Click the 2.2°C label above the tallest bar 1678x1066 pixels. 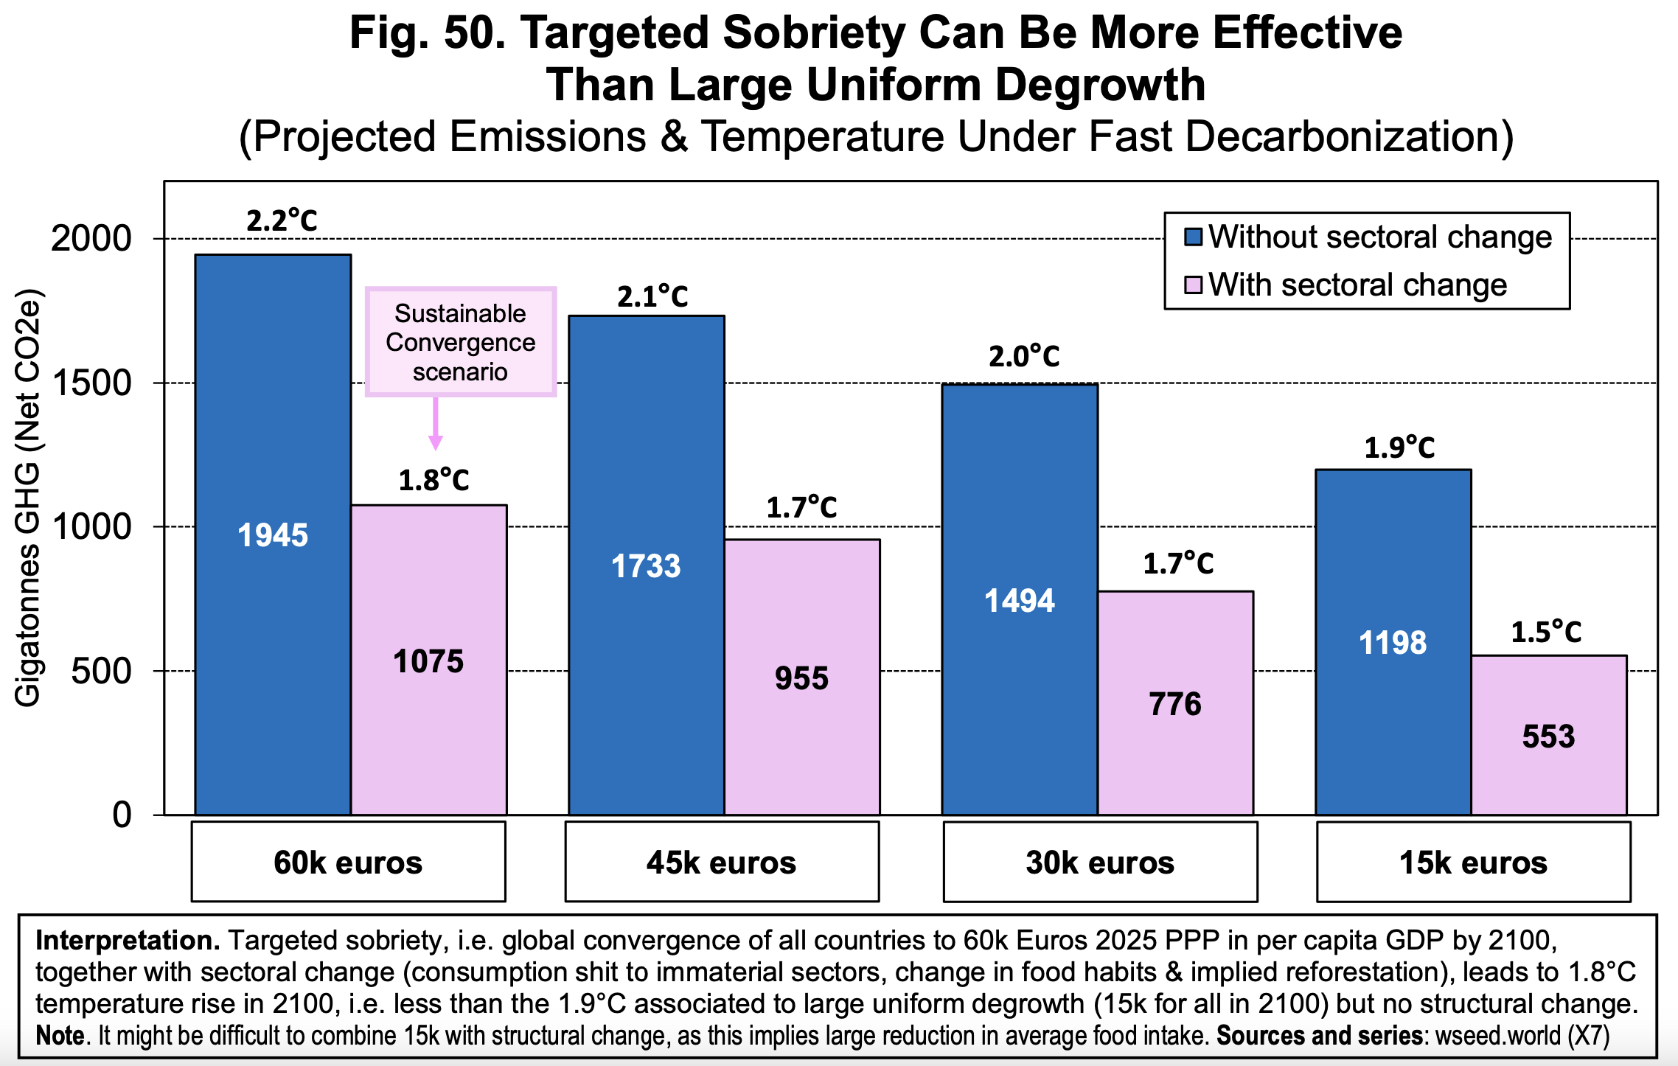282,220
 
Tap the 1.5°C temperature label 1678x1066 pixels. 1546,632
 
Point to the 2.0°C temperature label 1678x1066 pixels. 1024,357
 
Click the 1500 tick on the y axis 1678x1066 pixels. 91,383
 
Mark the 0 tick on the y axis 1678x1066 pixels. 122,815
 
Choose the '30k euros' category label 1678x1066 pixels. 1100,862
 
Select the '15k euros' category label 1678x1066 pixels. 1473,862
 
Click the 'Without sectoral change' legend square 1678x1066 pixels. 1193,237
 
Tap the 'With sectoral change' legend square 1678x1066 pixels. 1193,285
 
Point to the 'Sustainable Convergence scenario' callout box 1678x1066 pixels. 460,342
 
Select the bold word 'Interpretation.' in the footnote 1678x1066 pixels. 128,941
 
